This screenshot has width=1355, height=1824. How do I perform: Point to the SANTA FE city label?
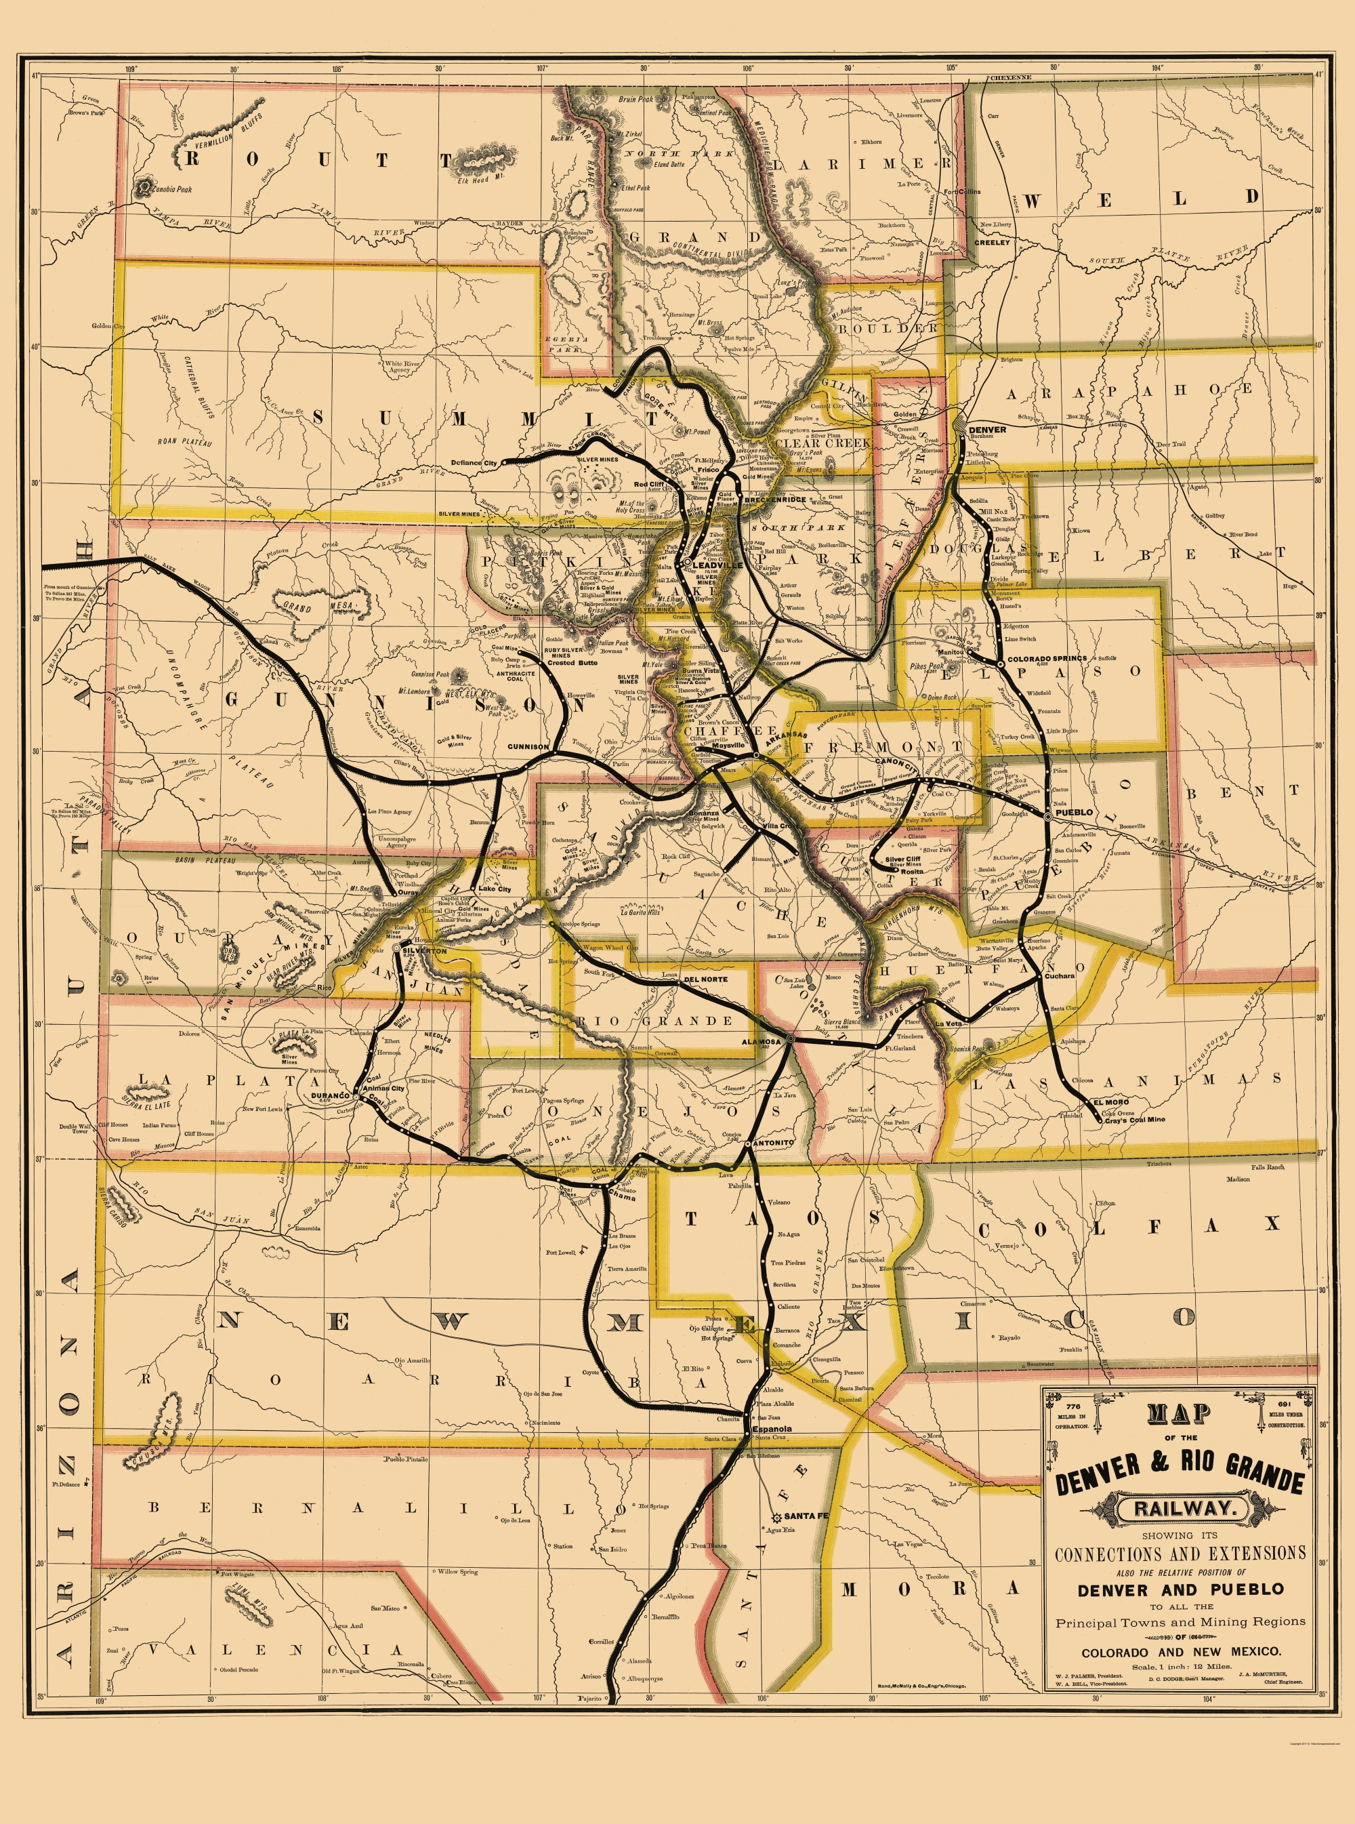(x=806, y=1516)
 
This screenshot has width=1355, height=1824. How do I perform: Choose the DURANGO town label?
(x=330, y=1096)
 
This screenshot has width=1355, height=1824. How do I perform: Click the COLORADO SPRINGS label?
(x=1046, y=659)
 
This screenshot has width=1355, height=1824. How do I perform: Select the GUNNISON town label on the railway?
(x=527, y=748)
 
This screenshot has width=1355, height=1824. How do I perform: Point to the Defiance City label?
(x=474, y=464)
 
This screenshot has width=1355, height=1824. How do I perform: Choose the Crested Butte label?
(x=572, y=663)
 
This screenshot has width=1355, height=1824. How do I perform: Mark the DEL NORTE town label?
(x=705, y=979)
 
